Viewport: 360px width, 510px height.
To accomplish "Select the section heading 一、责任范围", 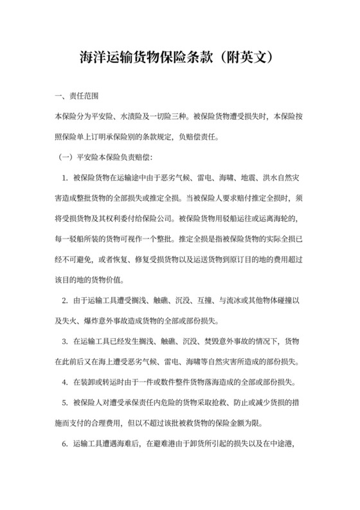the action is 76,97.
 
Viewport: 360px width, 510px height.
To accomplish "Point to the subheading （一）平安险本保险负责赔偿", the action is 106,156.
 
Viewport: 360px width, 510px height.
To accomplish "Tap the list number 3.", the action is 65,340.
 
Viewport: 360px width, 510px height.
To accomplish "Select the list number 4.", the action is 65,381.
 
